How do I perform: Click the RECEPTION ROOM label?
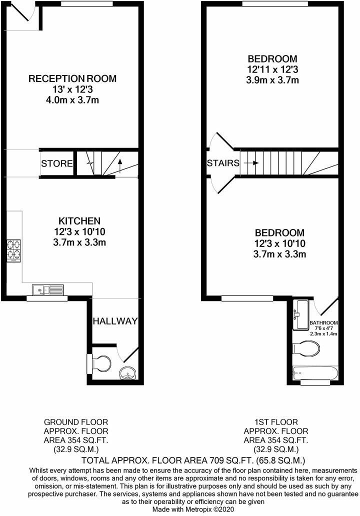tap(72, 78)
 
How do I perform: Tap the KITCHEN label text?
tap(80, 220)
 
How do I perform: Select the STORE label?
tap(57, 163)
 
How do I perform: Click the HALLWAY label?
tap(114, 321)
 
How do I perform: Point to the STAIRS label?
tap(223, 163)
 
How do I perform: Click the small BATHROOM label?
tap(324, 322)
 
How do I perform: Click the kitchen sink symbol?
tap(48, 289)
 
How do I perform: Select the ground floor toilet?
tap(100, 363)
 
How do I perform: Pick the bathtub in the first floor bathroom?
tap(315, 373)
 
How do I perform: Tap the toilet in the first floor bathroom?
tap(309, 348)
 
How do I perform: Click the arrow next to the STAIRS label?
tap(252, 163)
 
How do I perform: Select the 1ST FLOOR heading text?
tap(275, 422)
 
